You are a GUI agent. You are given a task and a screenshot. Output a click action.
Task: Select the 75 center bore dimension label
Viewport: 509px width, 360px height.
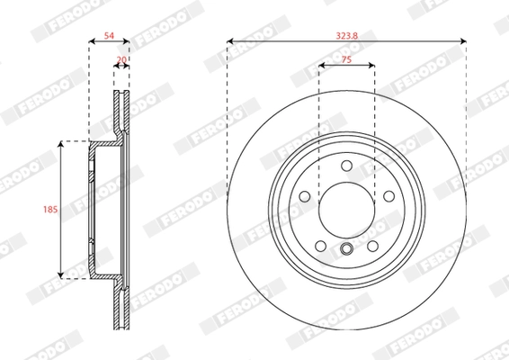click(x=346, y=58)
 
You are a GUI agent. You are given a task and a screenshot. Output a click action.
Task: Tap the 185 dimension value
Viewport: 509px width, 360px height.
click(x=51, y=209)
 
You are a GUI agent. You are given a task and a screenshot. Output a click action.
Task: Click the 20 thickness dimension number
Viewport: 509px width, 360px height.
click(x=121, y=61)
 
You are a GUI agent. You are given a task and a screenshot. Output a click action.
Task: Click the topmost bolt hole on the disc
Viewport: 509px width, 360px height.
click(x=346, y=164)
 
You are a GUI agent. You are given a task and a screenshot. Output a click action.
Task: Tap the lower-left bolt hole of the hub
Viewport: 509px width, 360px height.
click(x=320, y=245)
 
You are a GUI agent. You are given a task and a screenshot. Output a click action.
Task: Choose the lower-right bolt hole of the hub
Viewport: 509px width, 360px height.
click(x=372, y=245)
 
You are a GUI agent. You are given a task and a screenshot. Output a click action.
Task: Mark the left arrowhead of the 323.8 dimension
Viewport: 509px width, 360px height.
click(x=230, y=41)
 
